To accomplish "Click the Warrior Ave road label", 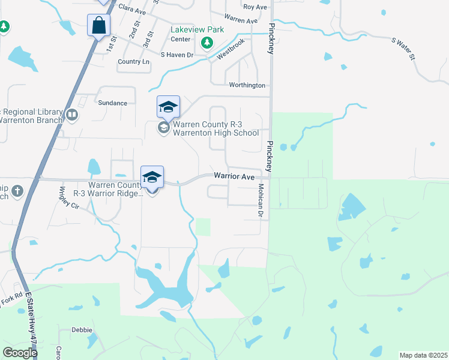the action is point(234,176).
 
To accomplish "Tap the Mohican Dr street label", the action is point(261,200).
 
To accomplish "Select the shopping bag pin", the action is point(98,25).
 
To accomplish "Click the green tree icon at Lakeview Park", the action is point(207,42).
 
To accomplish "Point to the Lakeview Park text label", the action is point(197,29).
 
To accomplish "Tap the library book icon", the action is point(72,114).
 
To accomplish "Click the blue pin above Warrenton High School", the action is point(168,107).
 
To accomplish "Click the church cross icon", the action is point(17,191).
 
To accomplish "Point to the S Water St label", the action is point(404,49).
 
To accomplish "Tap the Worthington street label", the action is point(247,86).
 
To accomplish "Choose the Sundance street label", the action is point(113,103).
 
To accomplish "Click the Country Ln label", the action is point(134,62).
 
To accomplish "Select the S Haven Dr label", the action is point(177,55).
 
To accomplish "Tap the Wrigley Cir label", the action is point(69,197).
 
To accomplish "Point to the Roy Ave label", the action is point(255,7).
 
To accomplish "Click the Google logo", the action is point(20,352).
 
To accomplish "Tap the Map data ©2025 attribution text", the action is point(423,355).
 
